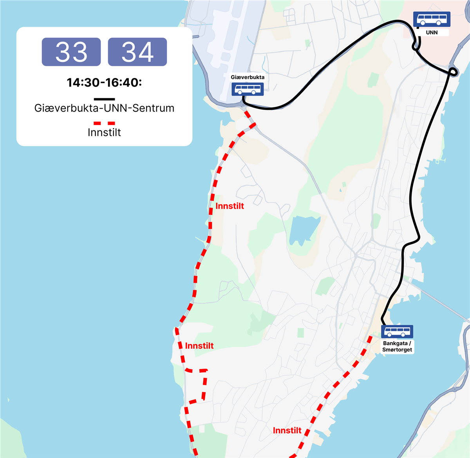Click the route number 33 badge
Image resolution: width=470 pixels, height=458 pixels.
pos(71,52)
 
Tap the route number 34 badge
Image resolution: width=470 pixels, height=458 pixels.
pos(137,52)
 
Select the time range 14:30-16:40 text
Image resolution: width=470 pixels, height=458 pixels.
pos(104,83)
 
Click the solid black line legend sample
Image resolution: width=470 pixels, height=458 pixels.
pos(104,99)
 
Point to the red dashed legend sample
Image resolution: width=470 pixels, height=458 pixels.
pos(104,123)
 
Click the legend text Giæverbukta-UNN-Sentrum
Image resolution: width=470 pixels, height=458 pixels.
pos(104,108)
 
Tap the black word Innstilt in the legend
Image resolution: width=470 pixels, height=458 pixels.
pos(104,132)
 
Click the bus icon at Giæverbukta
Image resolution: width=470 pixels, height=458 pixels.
pos(247,89)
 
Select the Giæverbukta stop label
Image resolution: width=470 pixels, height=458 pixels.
pos(248,77)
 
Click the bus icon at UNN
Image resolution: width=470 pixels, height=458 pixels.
pos(432,20)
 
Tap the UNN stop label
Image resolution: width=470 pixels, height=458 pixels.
pos(432,33)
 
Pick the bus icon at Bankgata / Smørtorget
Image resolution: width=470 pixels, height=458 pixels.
pos(397,332)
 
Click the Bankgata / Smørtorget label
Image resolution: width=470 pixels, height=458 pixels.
pos(397,346)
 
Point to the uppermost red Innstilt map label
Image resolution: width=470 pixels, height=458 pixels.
pos(230,206)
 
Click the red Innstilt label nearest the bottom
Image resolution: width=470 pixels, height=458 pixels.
pos(287,431)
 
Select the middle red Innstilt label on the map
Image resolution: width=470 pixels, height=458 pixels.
pos(199,346)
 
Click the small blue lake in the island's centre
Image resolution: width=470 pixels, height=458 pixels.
pos(304,230)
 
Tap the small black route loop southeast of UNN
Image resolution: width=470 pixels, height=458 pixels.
pos(453,72)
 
